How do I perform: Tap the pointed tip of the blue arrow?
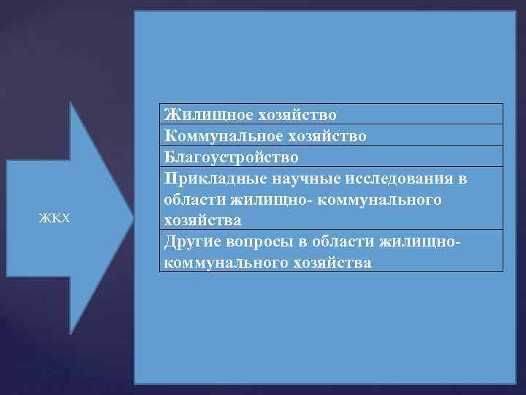point(132,217)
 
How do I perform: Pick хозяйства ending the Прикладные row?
point(203,219)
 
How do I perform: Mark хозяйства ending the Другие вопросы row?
point(333,262)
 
